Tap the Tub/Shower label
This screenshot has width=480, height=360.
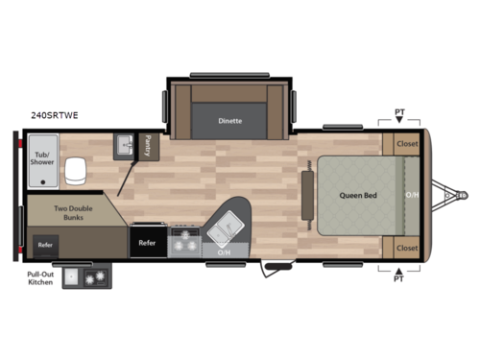42,157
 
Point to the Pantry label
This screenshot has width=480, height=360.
148,145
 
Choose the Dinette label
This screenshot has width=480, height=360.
229,121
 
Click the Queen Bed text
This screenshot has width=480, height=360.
355,195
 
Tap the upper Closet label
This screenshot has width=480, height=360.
407,143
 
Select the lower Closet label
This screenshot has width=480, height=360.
407,247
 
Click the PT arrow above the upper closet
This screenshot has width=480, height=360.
400,117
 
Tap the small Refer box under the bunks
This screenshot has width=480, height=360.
46,245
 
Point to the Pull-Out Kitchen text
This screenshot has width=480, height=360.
39,277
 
